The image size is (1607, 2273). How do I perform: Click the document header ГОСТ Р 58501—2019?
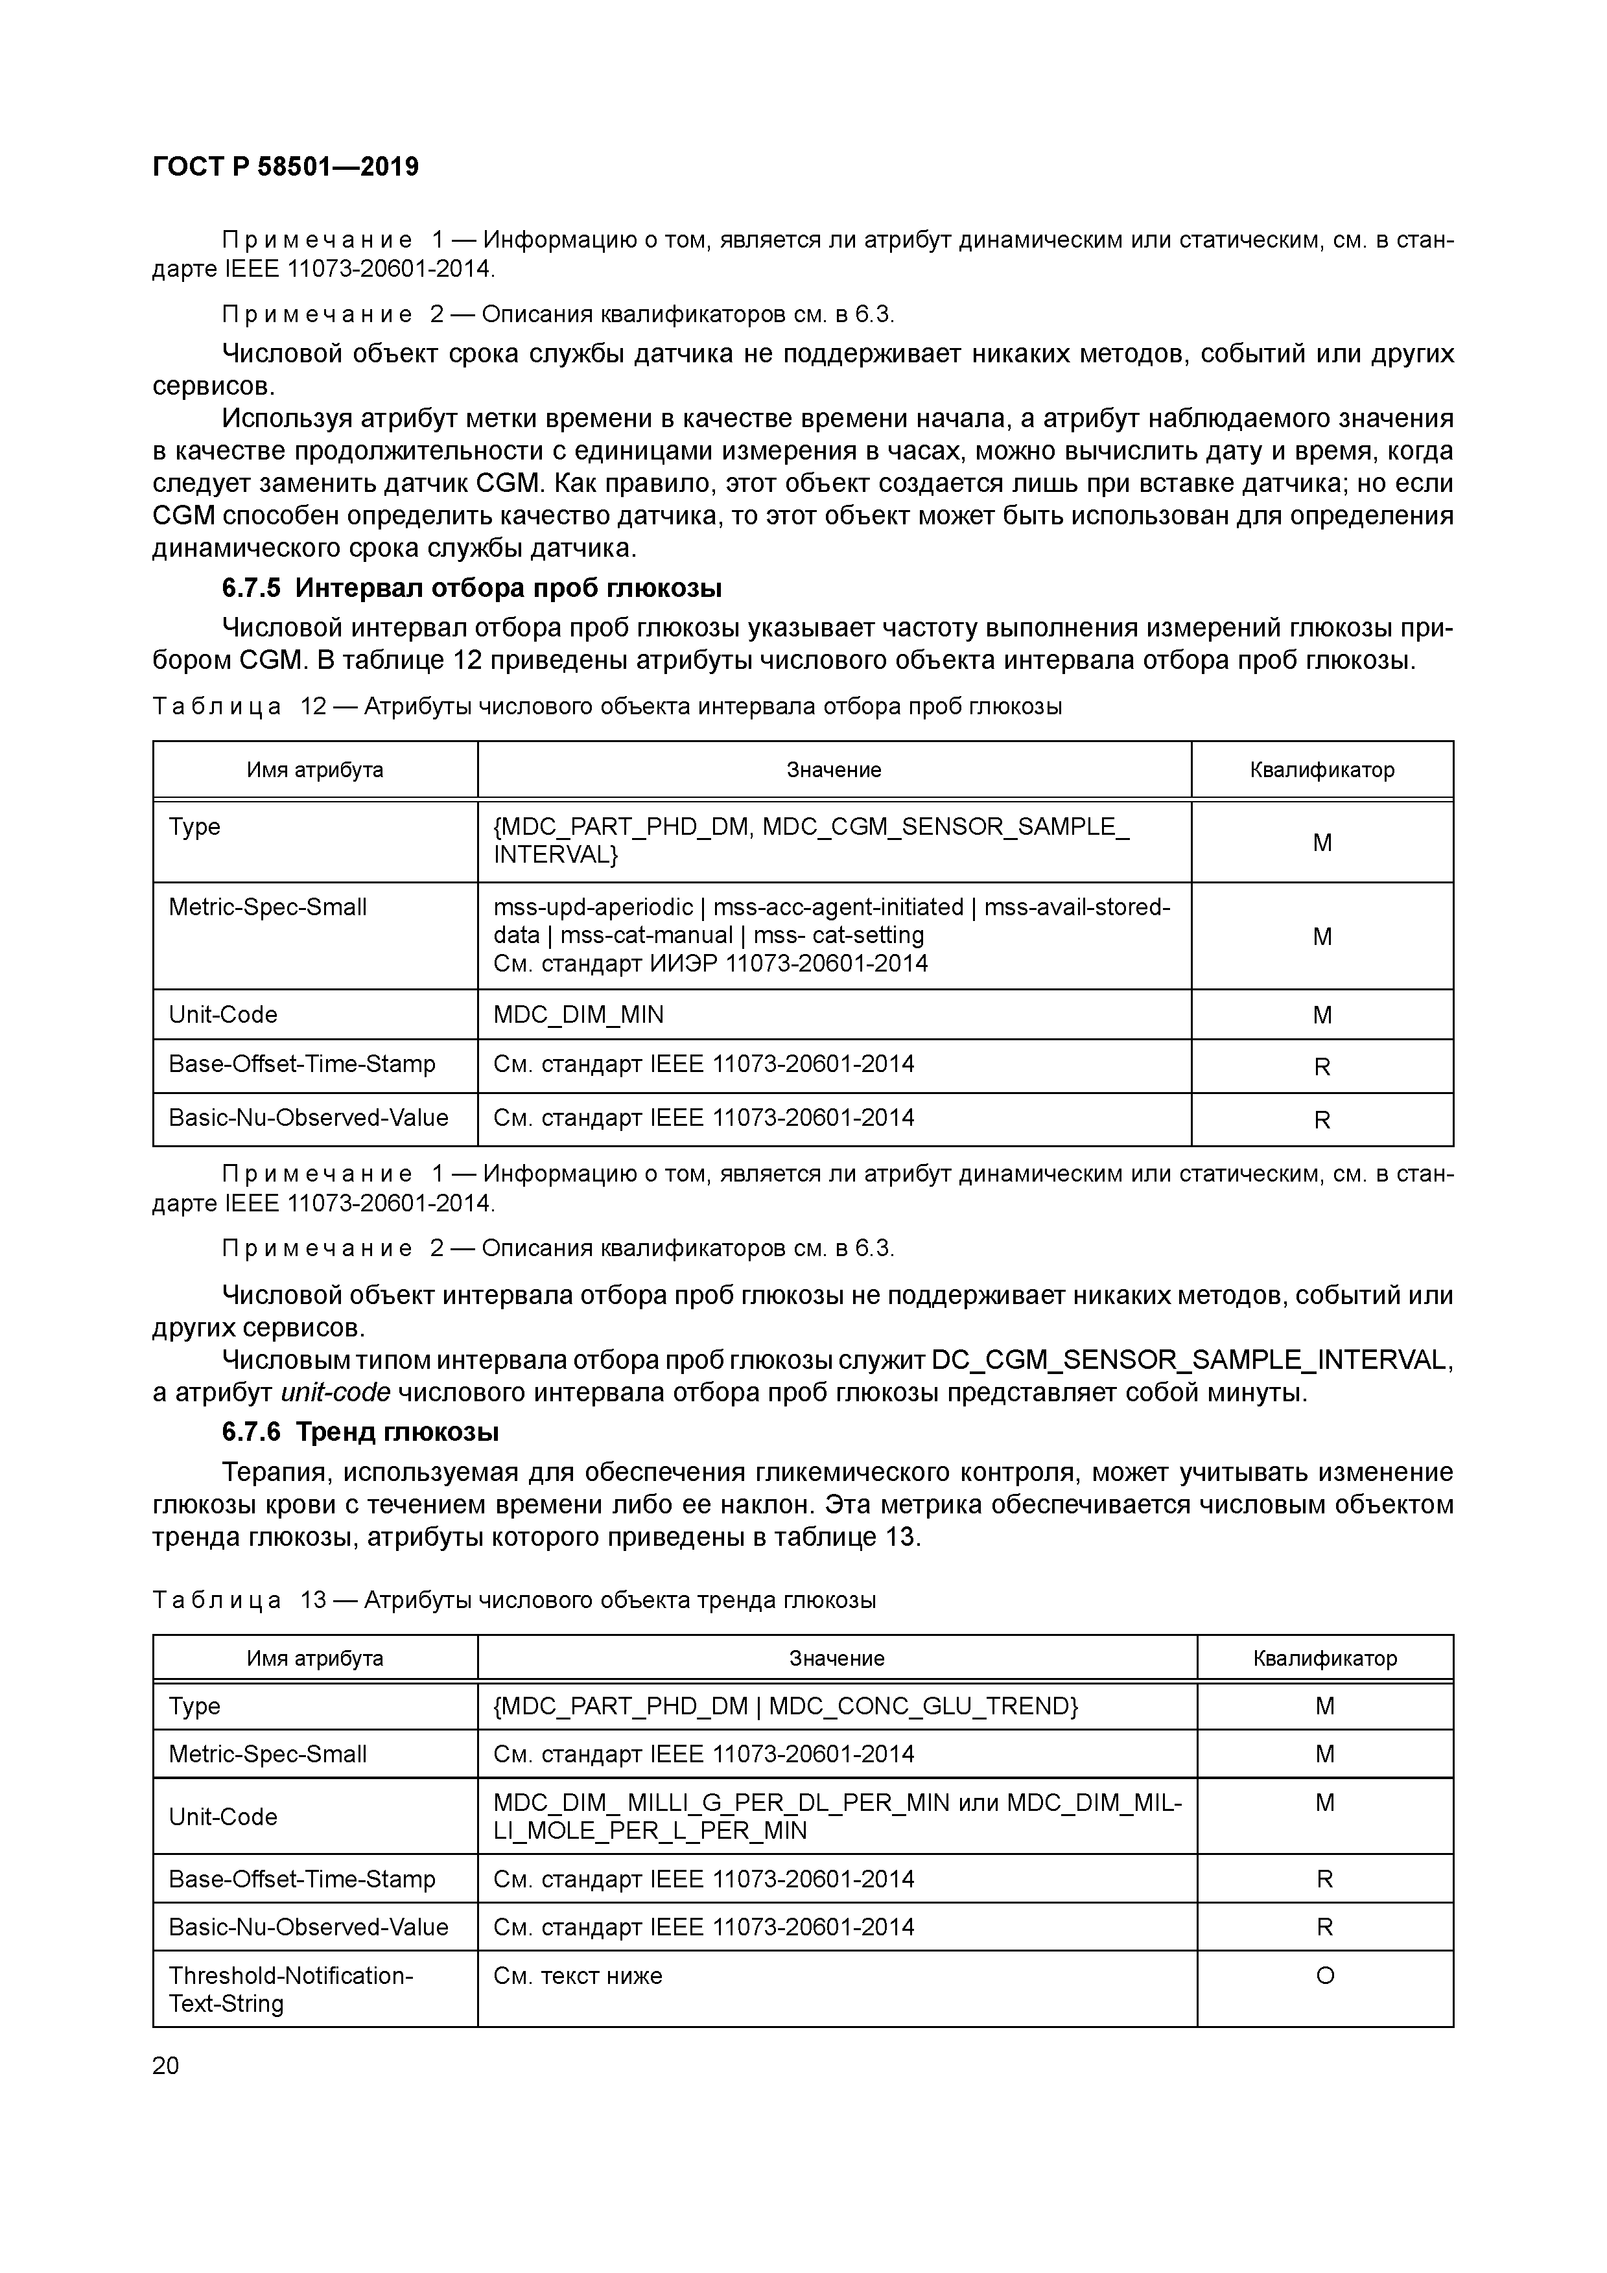[285, 167]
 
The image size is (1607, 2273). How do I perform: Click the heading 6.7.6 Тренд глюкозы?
[360, 1432]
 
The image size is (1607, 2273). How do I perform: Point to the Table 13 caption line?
[514, 1600]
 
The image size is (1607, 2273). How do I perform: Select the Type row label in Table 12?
[195, 826]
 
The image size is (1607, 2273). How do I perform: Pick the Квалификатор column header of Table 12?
[1321, 769]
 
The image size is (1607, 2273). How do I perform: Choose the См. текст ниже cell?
[577, 1975]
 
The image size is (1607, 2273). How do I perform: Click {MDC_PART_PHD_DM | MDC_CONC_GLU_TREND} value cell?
[785, 1706]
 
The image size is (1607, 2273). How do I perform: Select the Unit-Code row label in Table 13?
[223, 1817]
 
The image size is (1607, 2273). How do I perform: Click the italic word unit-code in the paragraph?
[336, 1392]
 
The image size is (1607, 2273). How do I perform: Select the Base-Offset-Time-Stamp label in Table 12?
[302, 1064]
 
